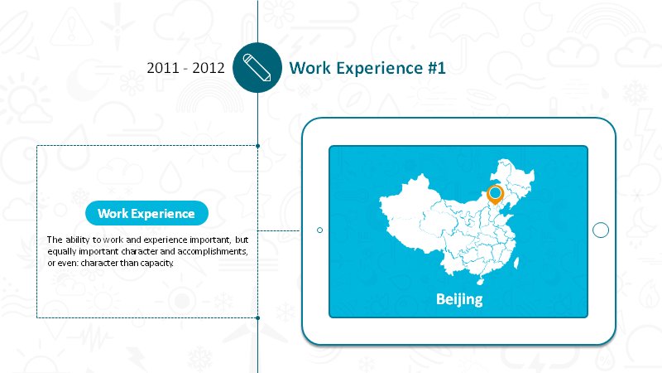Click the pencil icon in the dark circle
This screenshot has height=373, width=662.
pyautogui.click(x=257, y=67)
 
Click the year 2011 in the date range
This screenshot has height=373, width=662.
pyautogui.click(x=162, y=68)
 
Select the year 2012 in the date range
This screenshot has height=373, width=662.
pyautogui.click(x=209, y=68)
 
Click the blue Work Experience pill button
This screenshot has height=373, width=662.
pyautogui.click(x=146, y=213)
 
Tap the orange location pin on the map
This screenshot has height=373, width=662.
pyautogui.click(x=495, y=195)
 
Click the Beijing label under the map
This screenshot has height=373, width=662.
pyautogui.click(x=459, y=299)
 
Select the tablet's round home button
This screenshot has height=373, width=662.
pyautogui.click(x=601, y=230)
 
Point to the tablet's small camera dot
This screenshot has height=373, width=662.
pyautogui.click(x=319, y=230)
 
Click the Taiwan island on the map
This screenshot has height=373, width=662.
pyautogui.click(x=516, y=263)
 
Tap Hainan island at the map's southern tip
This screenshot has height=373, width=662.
pyautogui.click(x=480, y=280)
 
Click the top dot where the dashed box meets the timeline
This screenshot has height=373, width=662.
pyautogui.click(x=257, y=146)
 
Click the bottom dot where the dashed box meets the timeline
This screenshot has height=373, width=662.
pyautogui.click(x=257, y=317)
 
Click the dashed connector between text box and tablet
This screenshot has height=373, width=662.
pyautogui.click(x=280, y=231)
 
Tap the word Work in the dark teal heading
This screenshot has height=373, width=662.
pyautogui.click(x=310, y=68)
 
